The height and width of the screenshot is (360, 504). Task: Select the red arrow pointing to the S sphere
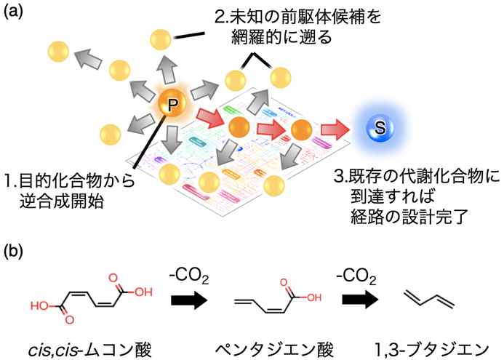click(x=335, y=129)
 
